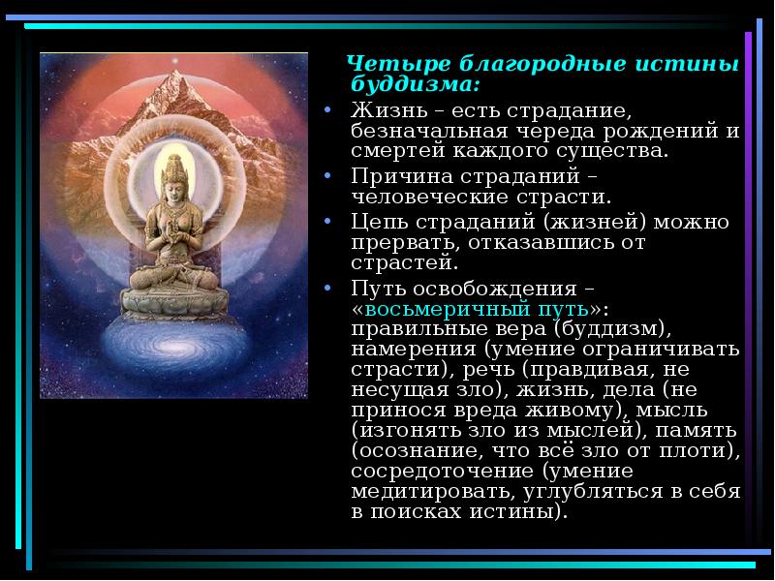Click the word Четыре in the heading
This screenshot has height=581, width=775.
pyautogui.click(x=387, y=65)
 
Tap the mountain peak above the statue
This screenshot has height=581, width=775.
pyautogui.click(x=175, y=68)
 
